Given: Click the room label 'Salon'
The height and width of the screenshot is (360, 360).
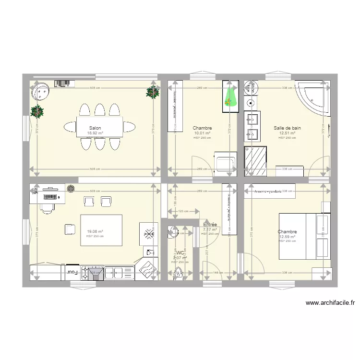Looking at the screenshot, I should pyautogui.click(x=95, y=128).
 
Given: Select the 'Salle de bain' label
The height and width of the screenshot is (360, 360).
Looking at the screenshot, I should pyautogui.click(x=287, y=128).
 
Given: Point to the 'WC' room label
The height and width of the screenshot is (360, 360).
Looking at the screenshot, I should pyautogui.click(x=180, y=253).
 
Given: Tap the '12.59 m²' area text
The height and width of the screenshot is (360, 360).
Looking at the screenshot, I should pyautogui.click(x=287, y=236).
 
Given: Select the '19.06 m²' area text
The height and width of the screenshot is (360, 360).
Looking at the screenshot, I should pyautogui.click(x=95, y=231).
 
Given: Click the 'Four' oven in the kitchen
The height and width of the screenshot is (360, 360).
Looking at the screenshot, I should pyautogui.click(x=72, y=272).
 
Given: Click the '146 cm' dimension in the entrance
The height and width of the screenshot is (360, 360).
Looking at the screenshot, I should pyautogui.click(x=218, y=273).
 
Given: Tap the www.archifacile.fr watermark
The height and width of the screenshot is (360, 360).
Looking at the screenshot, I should pyautogui.click(x=330, y=303).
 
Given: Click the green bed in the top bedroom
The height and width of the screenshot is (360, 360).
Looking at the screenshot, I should pyautogui.click(x=230, y=96).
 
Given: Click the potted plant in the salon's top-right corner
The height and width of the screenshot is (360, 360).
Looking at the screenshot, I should pyautogui.click(x=153, y=93).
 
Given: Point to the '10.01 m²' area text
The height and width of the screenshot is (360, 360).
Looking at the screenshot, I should pyautogui.click(x=202, y=133).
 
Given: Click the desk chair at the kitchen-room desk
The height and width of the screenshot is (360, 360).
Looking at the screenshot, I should pyautogui.click(x=47, y=207).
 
